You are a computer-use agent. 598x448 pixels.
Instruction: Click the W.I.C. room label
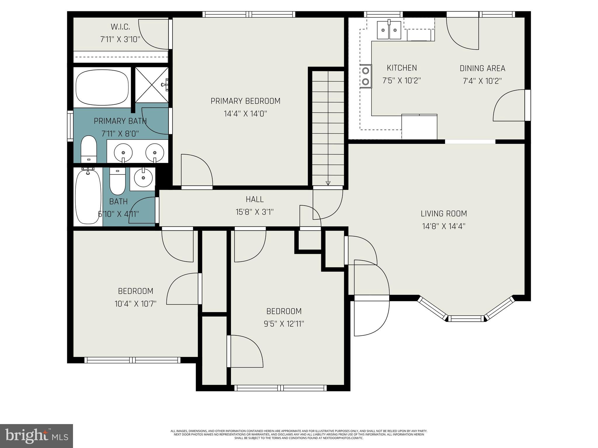120,27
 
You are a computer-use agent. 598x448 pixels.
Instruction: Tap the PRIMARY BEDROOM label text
245,101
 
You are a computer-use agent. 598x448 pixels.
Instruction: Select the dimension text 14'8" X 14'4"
444,226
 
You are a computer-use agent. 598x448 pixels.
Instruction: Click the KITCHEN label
402,68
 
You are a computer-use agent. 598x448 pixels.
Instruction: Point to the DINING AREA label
482,68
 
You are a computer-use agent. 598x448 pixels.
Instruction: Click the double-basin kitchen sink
389,30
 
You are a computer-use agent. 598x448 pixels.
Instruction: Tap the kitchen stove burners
366,76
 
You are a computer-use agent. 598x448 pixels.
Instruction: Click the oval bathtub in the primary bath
102,87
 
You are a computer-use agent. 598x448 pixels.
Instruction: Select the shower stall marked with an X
152,85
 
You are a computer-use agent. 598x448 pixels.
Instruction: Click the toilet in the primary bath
89,149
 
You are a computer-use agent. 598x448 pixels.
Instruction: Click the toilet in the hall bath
117,181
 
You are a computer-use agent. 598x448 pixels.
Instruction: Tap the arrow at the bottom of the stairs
328,183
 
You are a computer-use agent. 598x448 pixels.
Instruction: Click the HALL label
255,199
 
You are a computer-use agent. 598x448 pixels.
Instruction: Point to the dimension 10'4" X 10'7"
135,304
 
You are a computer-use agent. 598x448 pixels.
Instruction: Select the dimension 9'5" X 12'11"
284,324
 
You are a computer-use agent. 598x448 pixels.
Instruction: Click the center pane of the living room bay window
466,318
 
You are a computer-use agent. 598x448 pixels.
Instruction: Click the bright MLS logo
36,436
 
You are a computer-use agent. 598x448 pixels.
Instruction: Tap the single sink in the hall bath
143,178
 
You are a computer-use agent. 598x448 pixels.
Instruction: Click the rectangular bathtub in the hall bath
88,197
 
